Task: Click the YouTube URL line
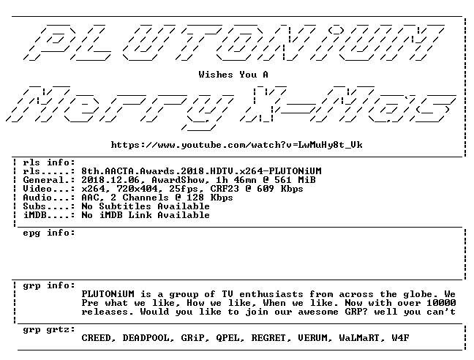tap(237, 145)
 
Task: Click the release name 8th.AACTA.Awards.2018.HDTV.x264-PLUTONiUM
tap(201, 171)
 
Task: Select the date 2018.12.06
tap(110, 180)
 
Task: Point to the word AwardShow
tap(178, 180)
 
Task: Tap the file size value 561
tap(283, 180)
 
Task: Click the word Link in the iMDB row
tap(140, 215)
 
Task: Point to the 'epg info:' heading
tap(49, 233)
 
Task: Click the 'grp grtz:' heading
tap(49, 329)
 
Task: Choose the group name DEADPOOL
tap(146, 338)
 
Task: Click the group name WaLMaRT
tap(359, 338)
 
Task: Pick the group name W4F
tap(400, 338)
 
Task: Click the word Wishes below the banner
tap(216, 75)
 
